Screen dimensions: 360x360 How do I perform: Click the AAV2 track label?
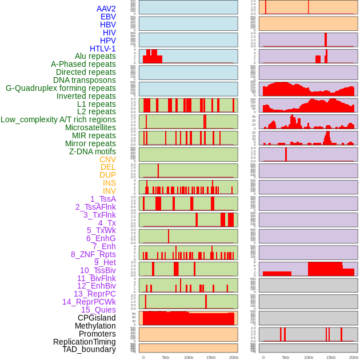[106, 9]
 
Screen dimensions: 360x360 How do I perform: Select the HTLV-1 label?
[103, 49]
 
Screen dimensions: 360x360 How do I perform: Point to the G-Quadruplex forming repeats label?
[61, 88]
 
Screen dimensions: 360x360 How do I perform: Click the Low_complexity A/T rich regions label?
[58, 119]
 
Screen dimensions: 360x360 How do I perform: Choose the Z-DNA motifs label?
[93, 151]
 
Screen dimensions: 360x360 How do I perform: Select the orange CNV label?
[107, 159]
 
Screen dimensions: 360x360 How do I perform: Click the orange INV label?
[109, 191]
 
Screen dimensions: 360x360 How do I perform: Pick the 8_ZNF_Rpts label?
[93, 254]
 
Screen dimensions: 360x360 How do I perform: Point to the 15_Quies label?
[98, 310]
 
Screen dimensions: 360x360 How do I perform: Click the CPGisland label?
[97, 318]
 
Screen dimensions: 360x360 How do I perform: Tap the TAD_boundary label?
[89, 349]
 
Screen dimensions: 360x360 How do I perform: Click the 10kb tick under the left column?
[189, 357]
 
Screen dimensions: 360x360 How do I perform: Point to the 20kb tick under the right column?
[354, 357]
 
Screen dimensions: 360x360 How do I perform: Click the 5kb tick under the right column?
[286, 357]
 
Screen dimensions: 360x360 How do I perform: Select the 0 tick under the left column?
[143, 357]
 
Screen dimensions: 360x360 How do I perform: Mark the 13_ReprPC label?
[95, 294]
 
